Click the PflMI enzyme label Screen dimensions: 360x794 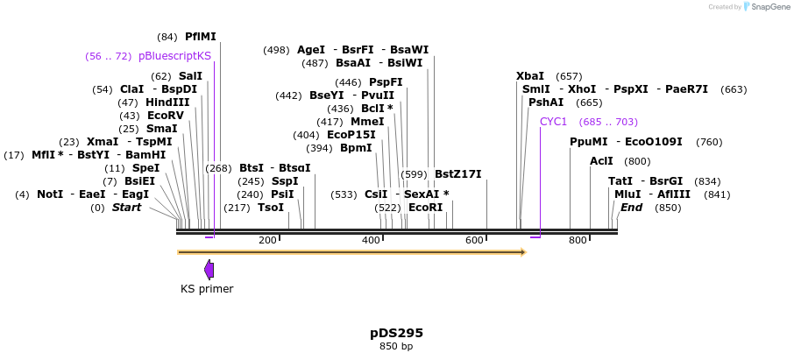(x=200, y=37)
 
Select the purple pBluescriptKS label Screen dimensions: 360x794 (x=174, y=56)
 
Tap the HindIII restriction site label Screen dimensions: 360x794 (x=167, y=102)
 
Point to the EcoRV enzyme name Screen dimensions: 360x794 (x=166, y=116)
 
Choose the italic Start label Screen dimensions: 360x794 (x=126, y=208)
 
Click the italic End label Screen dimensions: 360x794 (x=631, y=208)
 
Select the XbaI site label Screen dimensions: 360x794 (x=530, y=76)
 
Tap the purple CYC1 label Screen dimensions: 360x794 (x=554, y=122)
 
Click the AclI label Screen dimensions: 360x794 (x=602, y=161)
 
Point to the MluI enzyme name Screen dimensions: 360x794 (x=627, y=194)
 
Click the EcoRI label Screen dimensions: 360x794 (x=426, y=208)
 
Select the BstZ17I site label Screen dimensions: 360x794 (x=458, y=174)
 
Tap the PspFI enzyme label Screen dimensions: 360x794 (x=386, y=82)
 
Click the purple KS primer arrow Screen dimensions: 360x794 (x=209, y=269)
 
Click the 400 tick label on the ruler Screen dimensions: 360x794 (x=372, y=240)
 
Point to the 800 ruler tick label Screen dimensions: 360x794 (x=578, y=240)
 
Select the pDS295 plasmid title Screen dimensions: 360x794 (x=396, y=333)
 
